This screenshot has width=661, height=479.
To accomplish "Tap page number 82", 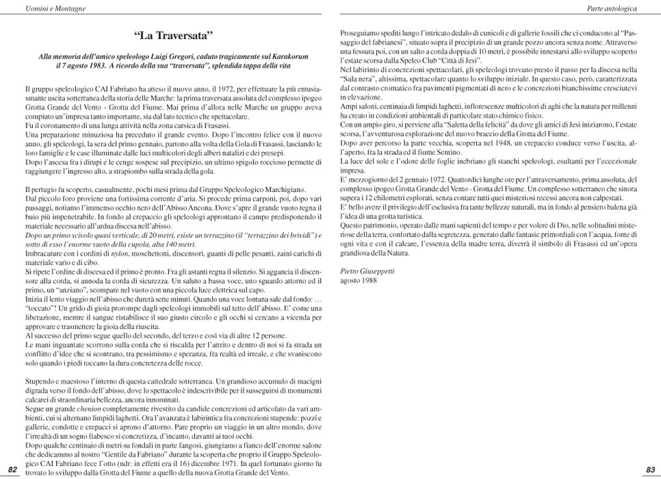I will click(x=12, y=469).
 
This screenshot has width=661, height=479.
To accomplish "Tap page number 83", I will click(x=650, y=469).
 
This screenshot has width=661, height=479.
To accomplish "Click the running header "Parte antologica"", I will click(x=612, y=8).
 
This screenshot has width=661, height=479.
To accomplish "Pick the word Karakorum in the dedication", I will click(x=287, y=56).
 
